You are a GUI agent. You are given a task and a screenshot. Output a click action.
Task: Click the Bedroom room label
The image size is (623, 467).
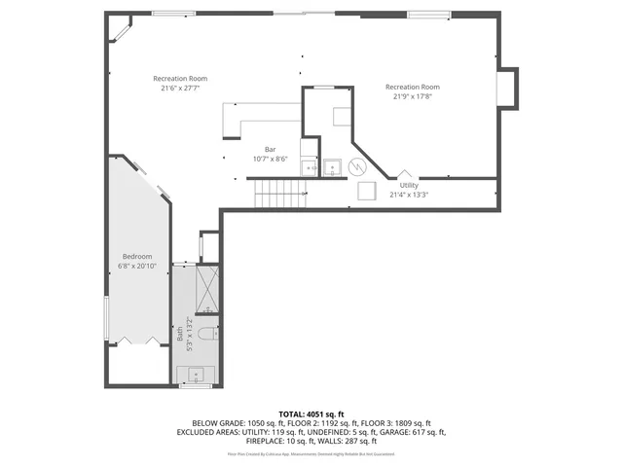point(137,256)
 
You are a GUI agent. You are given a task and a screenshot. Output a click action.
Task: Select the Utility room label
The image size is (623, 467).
point(409,185)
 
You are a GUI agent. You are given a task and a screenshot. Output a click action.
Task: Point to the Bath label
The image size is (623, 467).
point(180,333)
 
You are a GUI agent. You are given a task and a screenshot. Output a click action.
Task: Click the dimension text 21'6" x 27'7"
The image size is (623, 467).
point(180,88)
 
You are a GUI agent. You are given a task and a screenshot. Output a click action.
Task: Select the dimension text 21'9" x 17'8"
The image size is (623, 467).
point(412,95)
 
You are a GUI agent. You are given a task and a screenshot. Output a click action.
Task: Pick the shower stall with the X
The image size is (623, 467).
point(207,285)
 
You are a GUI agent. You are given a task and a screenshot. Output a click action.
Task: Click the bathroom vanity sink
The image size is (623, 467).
point(196,373)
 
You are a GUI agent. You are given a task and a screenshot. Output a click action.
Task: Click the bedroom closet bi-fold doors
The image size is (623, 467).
point(137,341)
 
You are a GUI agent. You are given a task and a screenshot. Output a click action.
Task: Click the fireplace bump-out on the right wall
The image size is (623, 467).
point(507,88)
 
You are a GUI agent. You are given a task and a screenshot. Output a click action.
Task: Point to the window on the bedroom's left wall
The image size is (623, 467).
point(106,317)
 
